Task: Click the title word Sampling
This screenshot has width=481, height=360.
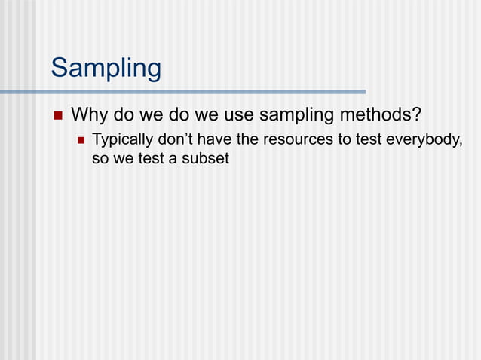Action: pos(106,69)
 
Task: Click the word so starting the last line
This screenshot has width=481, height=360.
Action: pos(100,160)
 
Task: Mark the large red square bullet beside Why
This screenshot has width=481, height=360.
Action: pos(57,116)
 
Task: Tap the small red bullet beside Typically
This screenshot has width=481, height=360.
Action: pos(80,140)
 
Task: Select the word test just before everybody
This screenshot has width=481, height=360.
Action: pos(367,140)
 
